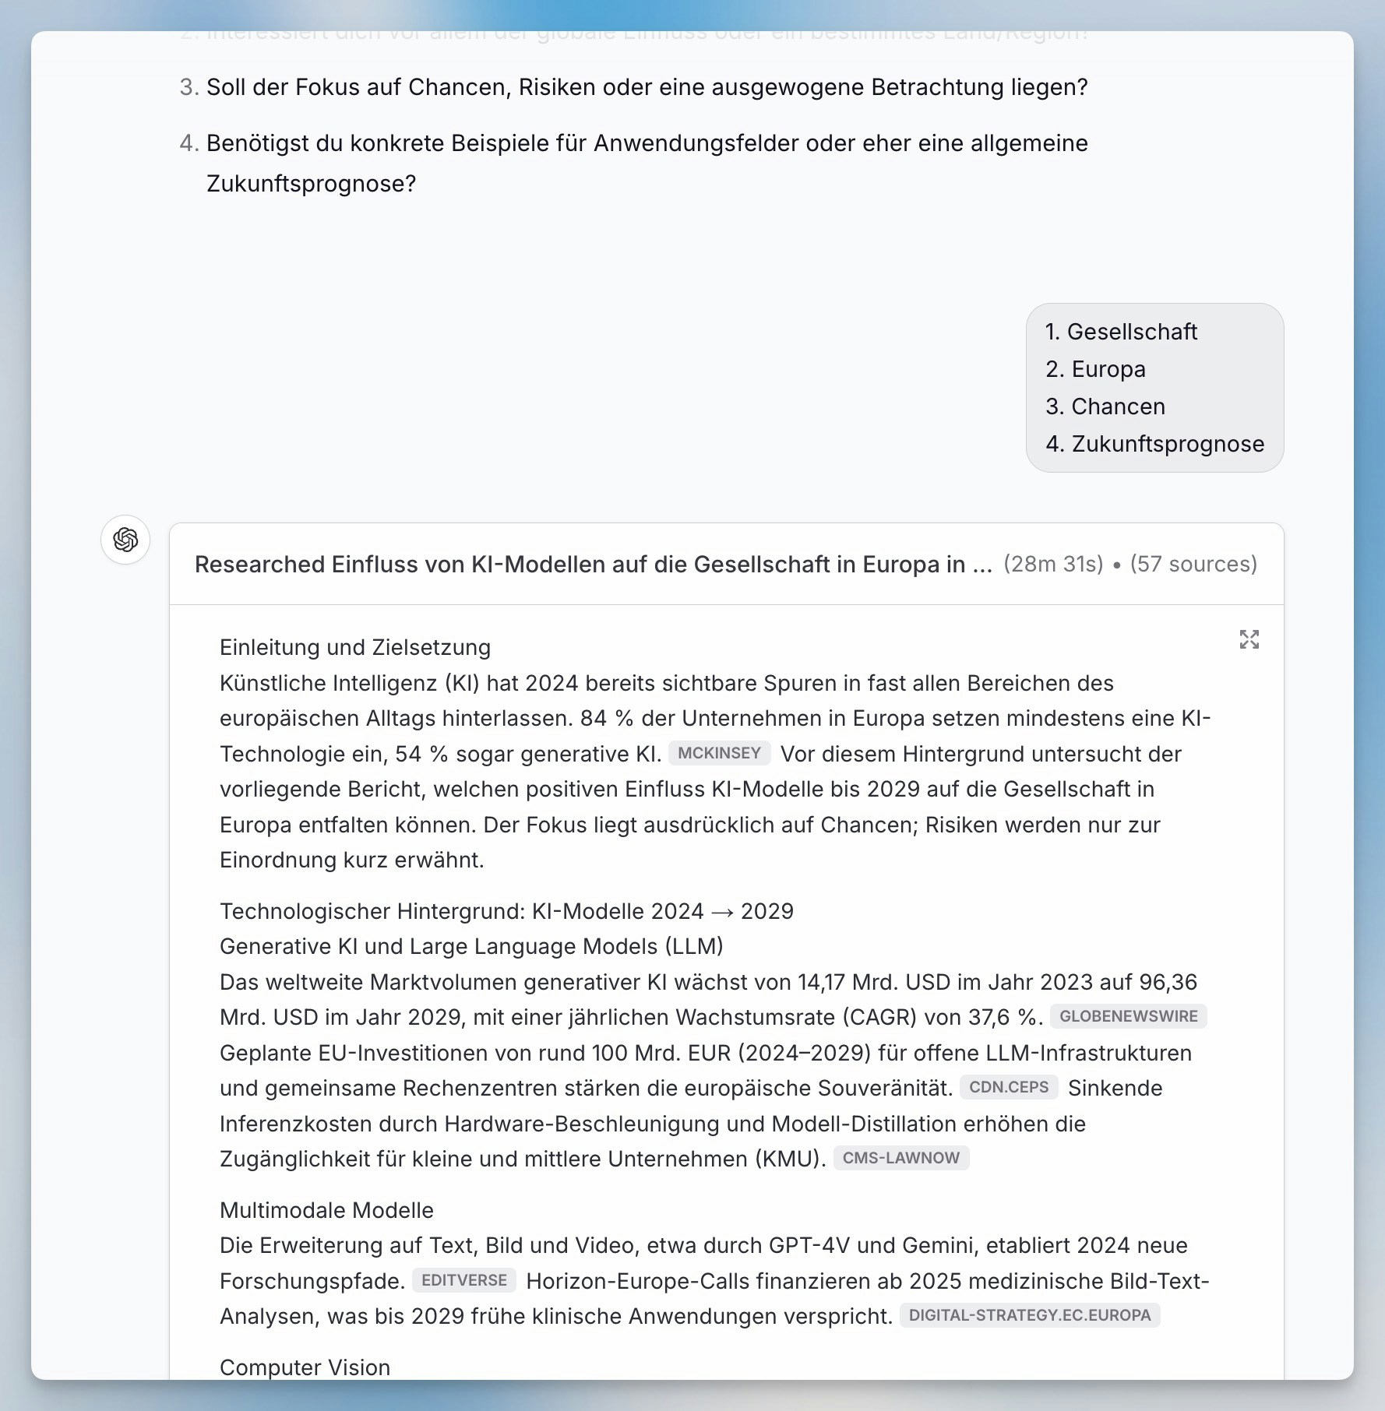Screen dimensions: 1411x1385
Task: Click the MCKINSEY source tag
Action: point(719,753)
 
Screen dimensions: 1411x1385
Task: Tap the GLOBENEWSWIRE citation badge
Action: point(1128,1016)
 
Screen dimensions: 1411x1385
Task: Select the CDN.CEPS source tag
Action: point(1009,1087)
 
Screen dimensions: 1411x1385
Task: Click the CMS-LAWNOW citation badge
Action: point(900,1158)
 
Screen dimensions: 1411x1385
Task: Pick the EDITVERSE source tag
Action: point(463,1280)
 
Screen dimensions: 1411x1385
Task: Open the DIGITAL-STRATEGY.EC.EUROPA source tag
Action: point(1029,1315)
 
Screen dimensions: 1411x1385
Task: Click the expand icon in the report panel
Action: point(1249,639)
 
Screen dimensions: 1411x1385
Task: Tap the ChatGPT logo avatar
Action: point(125,540)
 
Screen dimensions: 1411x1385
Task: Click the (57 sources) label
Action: point(1193,564)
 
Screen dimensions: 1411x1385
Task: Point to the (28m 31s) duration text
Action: point(1053,564)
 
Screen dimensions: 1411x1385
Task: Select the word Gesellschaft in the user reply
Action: point(1132,332)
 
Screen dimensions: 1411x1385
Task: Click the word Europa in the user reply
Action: point(1108,369)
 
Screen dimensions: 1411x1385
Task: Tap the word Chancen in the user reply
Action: point(1118,406)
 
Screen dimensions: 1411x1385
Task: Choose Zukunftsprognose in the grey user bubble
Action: point(1168,444)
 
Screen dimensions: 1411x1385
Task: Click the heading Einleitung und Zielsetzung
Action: point(355,647)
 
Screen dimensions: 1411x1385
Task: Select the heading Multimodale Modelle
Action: point(326,1210)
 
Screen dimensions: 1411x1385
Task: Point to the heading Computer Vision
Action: point(305,1367)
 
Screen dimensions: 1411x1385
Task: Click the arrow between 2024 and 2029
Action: point(722,912)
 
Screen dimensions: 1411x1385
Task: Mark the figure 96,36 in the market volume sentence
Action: point(1168,982)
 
